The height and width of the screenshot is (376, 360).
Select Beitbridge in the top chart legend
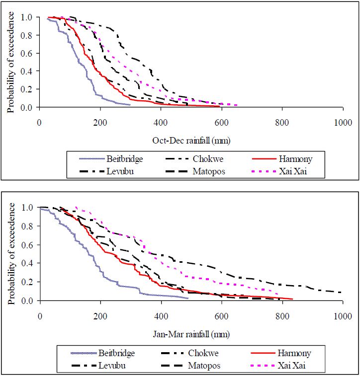click(x=124, y=159)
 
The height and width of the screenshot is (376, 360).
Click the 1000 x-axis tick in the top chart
click(x=343, y=123)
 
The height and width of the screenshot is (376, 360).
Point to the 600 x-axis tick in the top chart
click(x=221, y=123)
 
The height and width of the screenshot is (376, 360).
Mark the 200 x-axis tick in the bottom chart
click(x=100, y=316)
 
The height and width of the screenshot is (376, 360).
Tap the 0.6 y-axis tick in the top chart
click(x=28, y=53)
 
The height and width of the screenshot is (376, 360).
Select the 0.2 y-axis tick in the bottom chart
click(x=28, y=282)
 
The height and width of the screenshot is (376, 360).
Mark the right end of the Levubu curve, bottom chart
click(x=342, y=293)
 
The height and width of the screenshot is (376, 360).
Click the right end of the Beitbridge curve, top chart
click(x=130, y=104)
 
